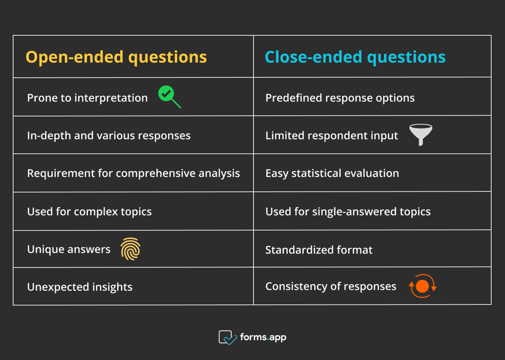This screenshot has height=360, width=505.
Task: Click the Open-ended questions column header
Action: tap(116, 57)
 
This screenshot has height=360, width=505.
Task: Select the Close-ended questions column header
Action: tap(355, 57)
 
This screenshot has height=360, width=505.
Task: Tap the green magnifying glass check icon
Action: tap(169, 96)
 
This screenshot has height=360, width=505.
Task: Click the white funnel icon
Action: tap(420, 134)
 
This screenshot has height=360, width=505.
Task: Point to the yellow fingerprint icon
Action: tap(130, 249)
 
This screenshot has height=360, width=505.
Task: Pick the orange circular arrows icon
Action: tap(422, 286)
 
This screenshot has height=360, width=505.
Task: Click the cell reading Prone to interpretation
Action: tap(87, 97)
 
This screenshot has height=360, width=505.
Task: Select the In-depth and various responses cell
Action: tap(109, 135)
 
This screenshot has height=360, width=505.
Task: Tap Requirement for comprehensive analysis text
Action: tap(133, 173)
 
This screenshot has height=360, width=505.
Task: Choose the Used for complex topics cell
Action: tap(89, 212)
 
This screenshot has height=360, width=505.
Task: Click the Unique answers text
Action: tap(69, 249)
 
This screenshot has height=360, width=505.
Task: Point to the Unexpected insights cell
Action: tap(80, 287)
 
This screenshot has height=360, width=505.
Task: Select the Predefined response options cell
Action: tap(340, 97)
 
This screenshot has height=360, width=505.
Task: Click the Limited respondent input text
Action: tap(331, 135)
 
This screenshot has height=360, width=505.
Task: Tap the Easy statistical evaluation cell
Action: tap(332, 173)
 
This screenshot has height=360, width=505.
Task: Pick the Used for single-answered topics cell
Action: tap(348, 212)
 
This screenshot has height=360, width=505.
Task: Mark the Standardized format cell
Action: tap(319, 249)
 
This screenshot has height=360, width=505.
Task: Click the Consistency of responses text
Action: tap(331, 286)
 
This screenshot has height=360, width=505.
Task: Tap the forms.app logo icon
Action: tap(227, 337)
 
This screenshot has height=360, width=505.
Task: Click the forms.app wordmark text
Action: tap(263, 337)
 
